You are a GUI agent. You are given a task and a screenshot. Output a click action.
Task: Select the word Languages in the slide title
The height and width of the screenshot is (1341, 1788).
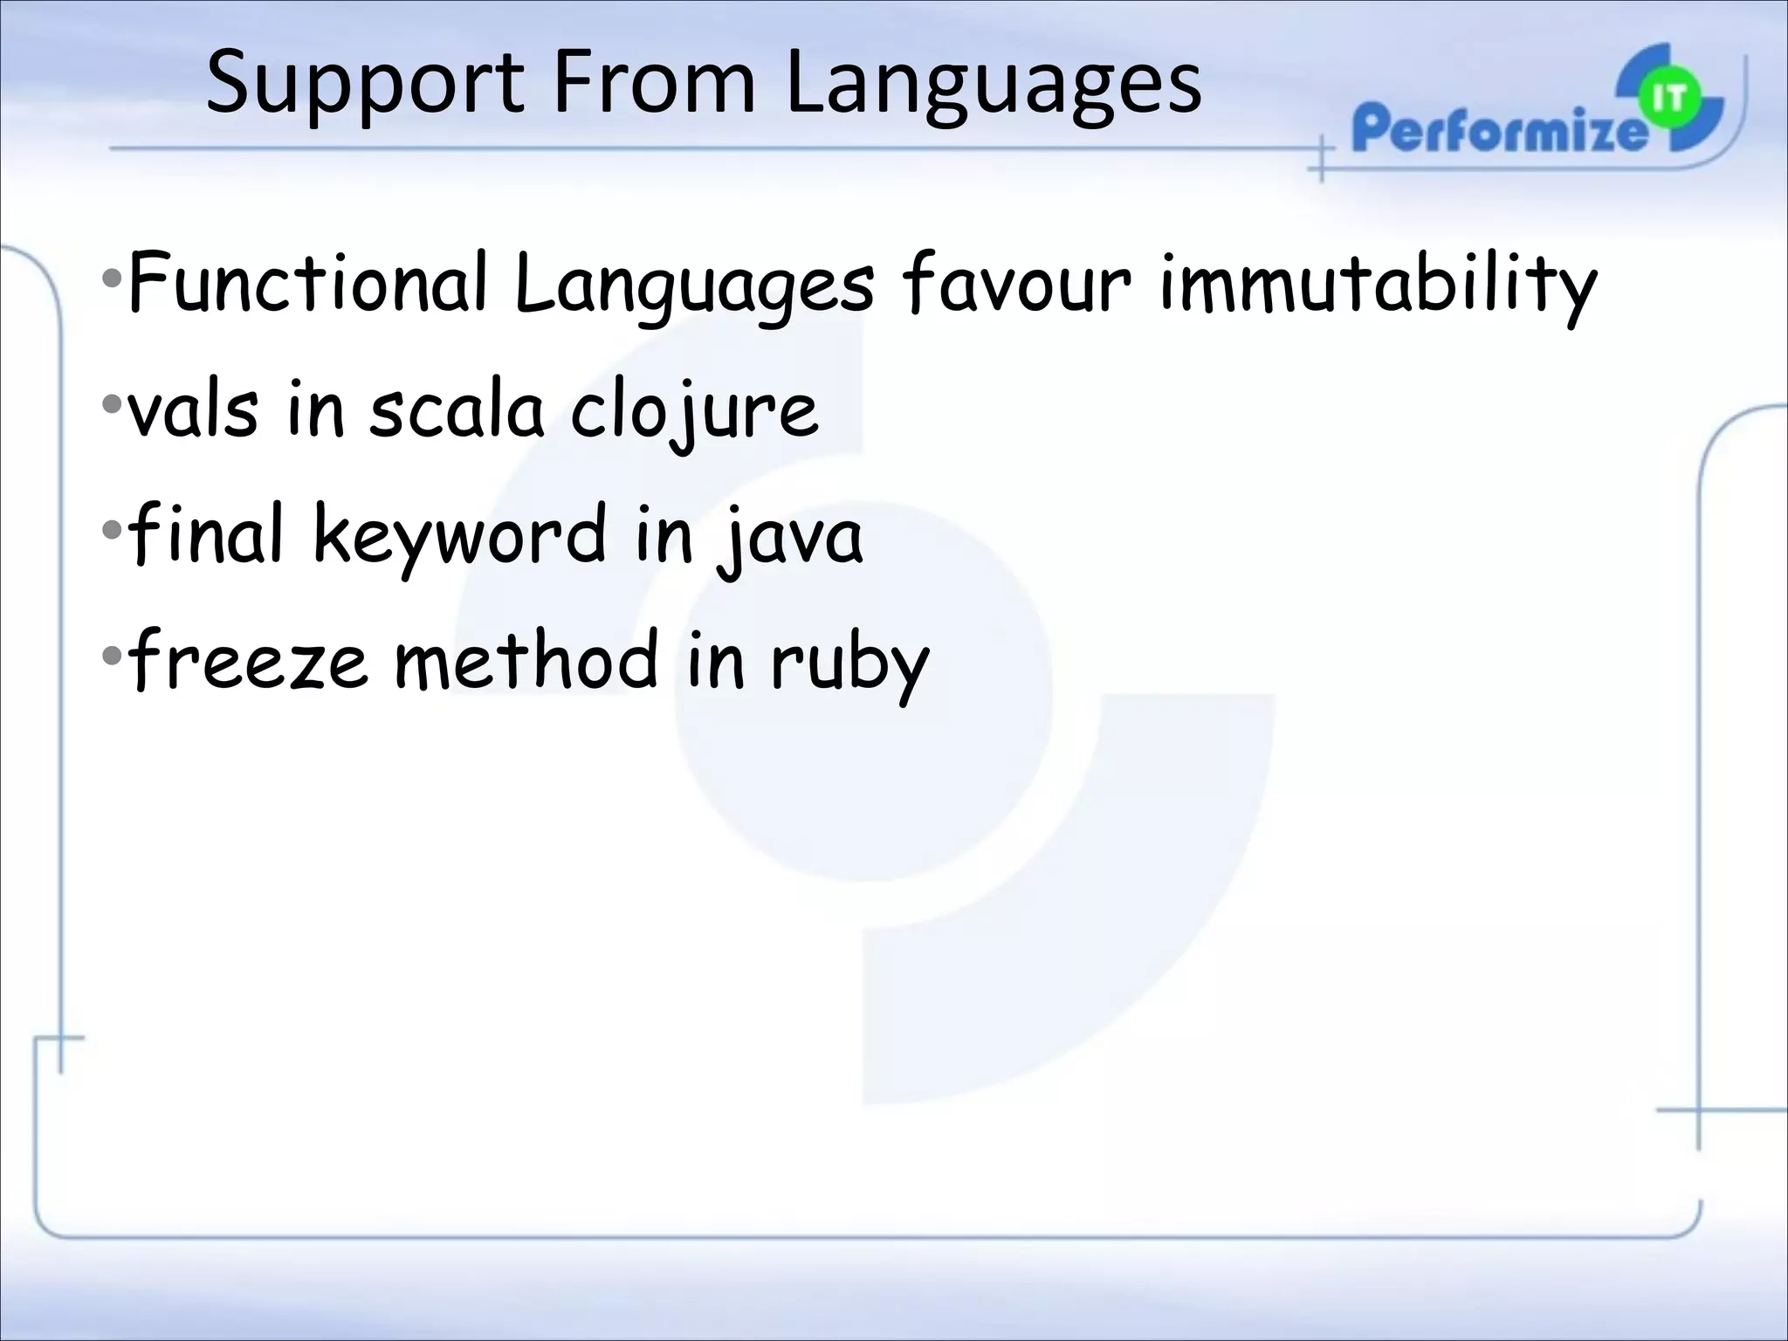pos(993,85)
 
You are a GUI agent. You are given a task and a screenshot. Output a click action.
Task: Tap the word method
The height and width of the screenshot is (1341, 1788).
pos(526,659)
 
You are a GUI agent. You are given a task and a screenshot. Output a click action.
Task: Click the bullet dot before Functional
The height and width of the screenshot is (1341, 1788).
pos(112,280)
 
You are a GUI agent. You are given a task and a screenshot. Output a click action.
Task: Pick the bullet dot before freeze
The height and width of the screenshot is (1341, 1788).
pos(112,656)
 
